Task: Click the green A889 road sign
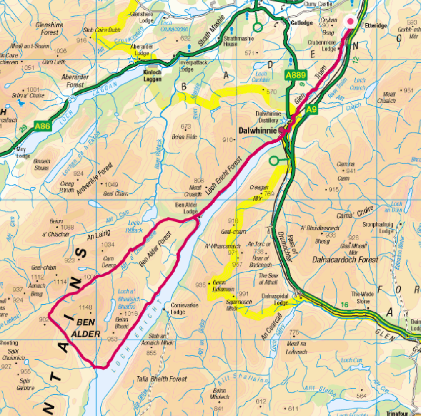pyautogui.click(x=296, y=75)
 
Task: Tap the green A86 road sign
pyautogui.click(x=43, y=126)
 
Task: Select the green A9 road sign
pyautogui.click(x=311, y=110)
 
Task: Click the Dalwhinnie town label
pyautogui.click(x=258, y=131)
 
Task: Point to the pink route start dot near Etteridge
pyautogui.click(x=350, y=21)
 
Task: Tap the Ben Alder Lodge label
pyautogui.click(x=186, y=208)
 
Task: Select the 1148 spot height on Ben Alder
pyautogui.click(x=85, y=307)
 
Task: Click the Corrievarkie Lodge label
pyautogui.click(x=184, y=308)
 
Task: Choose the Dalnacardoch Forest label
pyautogui.click(x=345, y=260)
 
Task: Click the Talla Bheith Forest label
pyautogui.click(x=162, y=379)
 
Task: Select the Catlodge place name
pyautogui.click(x=301, y=23)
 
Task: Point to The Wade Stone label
pyautogui.click(x=360, y=297)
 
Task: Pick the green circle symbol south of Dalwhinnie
pyautogui.click(x=273, y=161)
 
